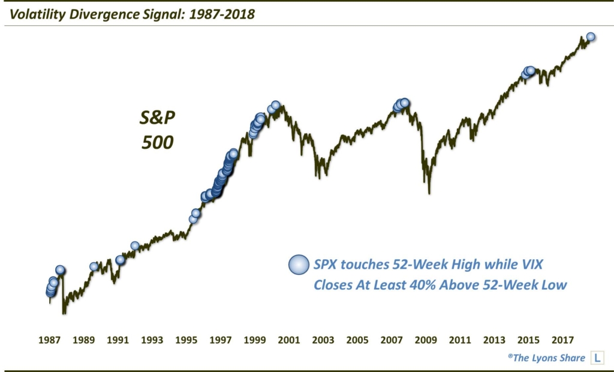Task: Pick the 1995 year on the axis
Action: (186, 340)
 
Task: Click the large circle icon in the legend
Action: (298, 265)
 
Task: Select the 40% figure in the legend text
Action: (419, 284)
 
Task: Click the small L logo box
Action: (597, 358)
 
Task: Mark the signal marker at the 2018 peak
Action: (591, 37)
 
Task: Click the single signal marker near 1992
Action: (135, 245)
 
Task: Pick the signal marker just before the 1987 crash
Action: (60, 270)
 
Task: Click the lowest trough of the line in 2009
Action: (429, 193)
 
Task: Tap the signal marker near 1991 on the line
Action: (120, 260)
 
